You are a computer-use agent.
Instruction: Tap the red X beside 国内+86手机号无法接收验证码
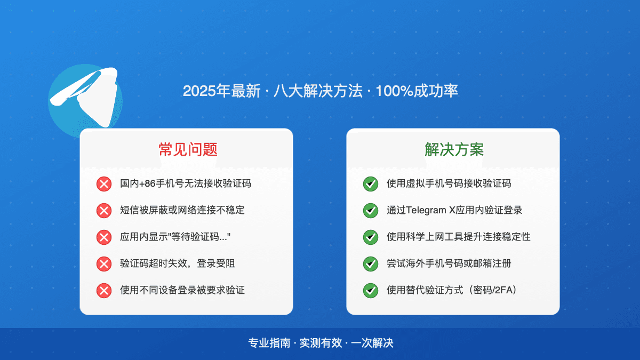(103, 184)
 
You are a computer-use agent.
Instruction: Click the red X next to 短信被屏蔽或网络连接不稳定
(103, 211)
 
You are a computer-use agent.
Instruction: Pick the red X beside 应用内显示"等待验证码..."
(103, 237)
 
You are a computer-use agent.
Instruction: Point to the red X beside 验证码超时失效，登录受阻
(103, 264)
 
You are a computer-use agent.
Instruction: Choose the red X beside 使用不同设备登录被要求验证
(103, 291)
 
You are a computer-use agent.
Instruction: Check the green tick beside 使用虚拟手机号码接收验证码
(370, 184)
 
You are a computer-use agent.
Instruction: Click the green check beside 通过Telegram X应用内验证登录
(370, 211)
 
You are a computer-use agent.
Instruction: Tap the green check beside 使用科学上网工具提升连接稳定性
(370, 237)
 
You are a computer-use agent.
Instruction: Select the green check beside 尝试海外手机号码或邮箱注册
(370, 264)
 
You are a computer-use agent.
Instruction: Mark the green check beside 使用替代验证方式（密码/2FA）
(370, 291)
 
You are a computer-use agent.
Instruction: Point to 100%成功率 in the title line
(417, 91)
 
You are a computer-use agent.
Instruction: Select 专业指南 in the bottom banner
(269, 343)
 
